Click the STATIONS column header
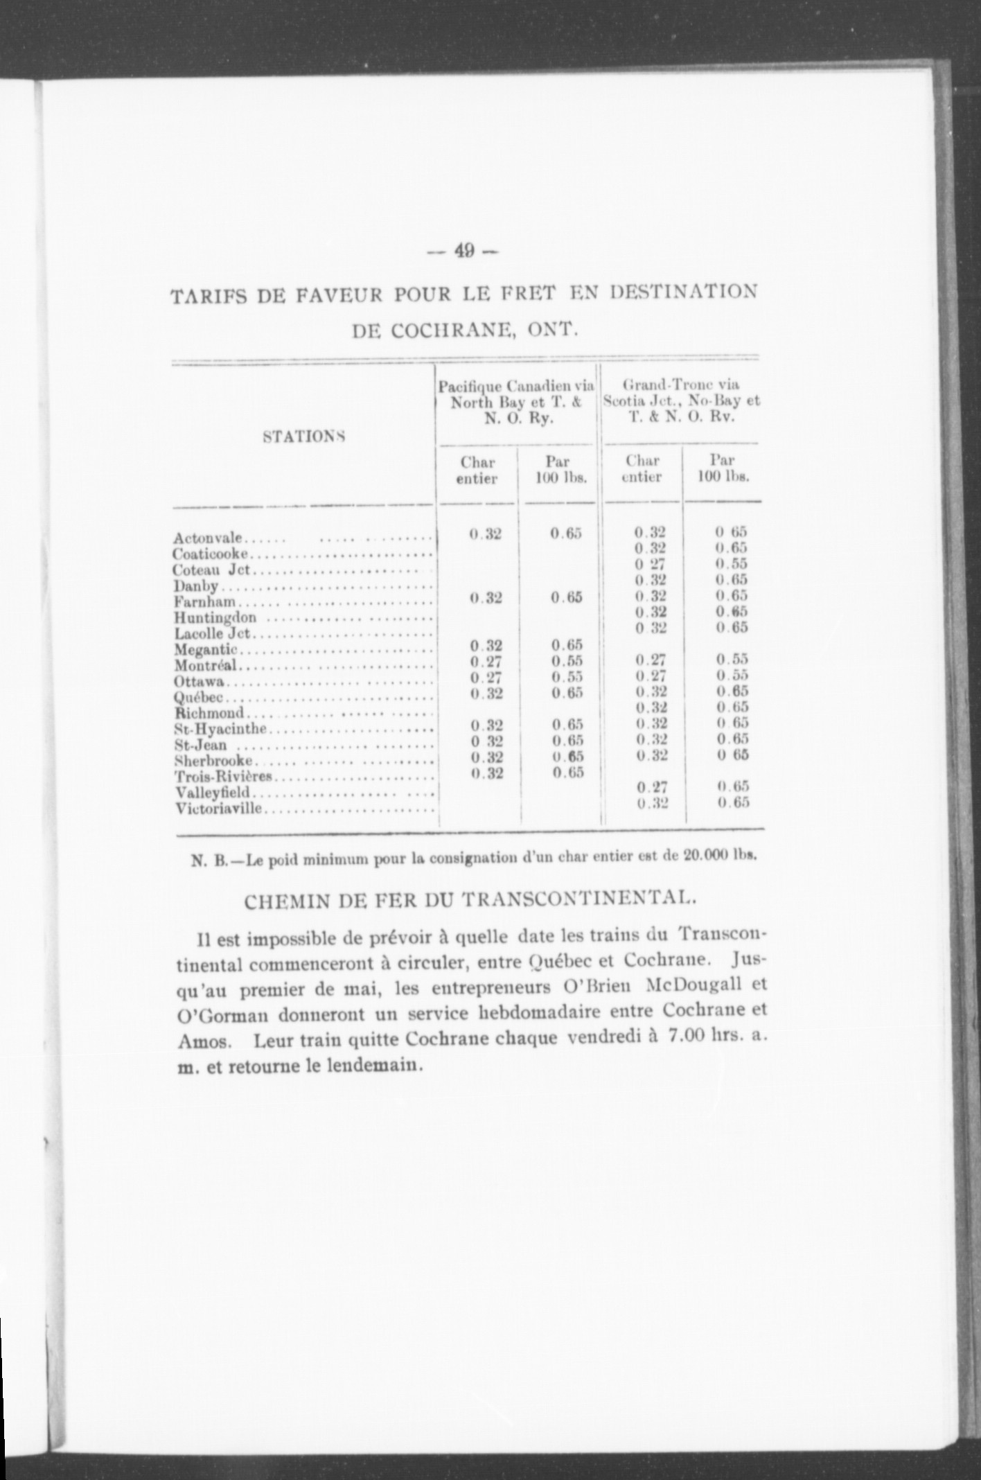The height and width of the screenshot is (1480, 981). pyautogui.click(x=304, y=437)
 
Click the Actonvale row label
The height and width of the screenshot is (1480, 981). pyautogui.click(x=208, y=538)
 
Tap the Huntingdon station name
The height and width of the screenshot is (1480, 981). pyautogui.click(x=215, y=617)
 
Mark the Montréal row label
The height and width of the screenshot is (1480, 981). pyautogui.click(x=206, y=665)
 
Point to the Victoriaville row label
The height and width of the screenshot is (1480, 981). pyautogui.click(x=219, y=808)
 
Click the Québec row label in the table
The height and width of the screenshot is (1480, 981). pyautogui.click(x=199, y=697)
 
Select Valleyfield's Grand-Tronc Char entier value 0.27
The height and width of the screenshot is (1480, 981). pyautogui.click(x=651, y=786)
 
